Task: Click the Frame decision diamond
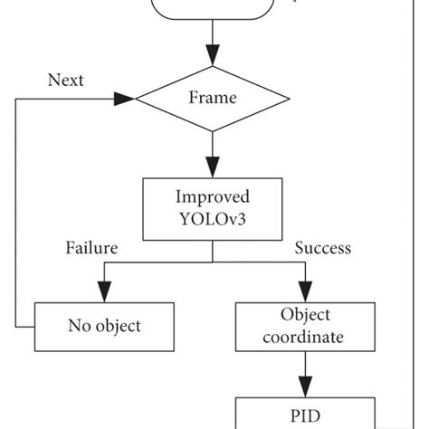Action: pos(212,97)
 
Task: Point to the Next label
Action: pos(65,80)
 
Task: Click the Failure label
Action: pos(91,247)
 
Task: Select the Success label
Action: pos(322,247)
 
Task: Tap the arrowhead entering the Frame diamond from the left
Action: pos(123,97)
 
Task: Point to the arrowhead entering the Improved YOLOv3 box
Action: pos(213,167)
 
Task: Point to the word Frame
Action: pos(212,97)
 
